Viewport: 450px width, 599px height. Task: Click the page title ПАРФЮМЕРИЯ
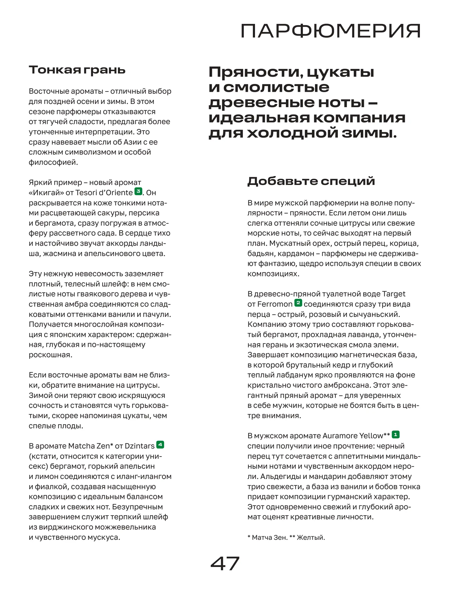click(330, 31)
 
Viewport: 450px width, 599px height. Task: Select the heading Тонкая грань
click(77, 70)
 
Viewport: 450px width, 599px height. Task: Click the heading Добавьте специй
click(311, 181)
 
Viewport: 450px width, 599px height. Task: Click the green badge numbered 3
click(138, 191)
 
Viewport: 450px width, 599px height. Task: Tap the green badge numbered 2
click(298, 303)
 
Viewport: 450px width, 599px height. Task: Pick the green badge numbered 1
click(395, 435)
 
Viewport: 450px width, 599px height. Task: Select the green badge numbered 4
click(160, 445)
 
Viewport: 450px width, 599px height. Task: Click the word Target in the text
click(394, 294)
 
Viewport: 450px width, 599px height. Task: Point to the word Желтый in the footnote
click(310, 537)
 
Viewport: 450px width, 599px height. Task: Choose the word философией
click(53, 162)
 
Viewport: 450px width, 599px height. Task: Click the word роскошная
click(50, 355)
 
